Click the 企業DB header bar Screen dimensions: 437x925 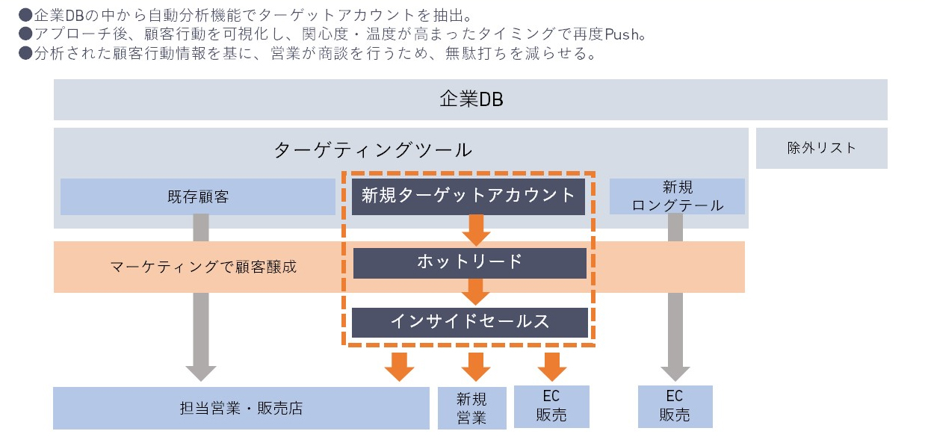470,99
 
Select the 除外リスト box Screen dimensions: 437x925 821,148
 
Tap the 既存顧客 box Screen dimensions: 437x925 198,197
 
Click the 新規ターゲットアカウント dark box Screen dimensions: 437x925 468,196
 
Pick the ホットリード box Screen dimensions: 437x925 469,262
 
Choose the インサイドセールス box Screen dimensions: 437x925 469,321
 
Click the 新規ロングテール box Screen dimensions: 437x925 677,196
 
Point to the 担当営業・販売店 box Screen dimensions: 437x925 241,408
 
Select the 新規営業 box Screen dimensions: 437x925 471,408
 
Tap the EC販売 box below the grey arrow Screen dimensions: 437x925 675,406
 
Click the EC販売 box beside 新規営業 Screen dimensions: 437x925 551,406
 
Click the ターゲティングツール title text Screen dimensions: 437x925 373,149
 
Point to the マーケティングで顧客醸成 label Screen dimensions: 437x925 203,267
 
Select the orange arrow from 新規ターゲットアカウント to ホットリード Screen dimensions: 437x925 476,229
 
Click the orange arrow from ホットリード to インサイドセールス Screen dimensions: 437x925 476,291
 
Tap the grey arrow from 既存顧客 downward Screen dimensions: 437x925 199,299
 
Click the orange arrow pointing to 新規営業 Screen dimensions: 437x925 475,365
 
